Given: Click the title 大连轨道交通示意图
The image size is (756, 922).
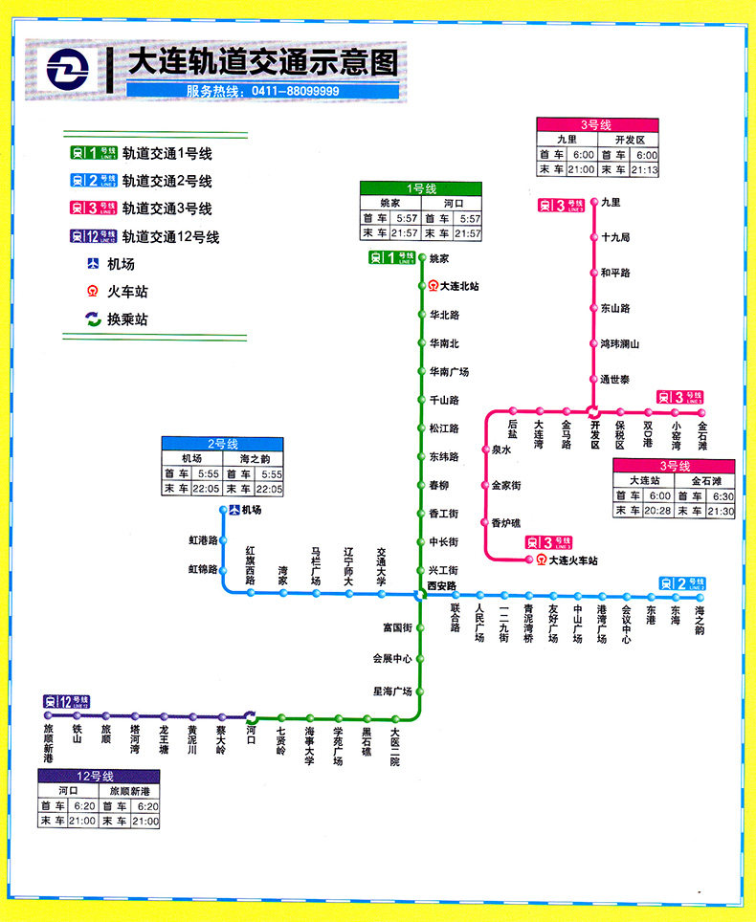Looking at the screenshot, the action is coord(262,64).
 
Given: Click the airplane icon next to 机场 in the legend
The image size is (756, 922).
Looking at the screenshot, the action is coord(93,264).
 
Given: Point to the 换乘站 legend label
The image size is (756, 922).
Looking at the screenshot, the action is coord(127,319).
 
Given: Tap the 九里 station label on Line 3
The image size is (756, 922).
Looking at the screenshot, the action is coord(611,203).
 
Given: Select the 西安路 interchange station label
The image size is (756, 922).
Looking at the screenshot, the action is coord(442,585).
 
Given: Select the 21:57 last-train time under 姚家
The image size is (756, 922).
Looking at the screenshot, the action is coord(405,233).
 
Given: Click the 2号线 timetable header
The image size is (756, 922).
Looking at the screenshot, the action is coord(222,444).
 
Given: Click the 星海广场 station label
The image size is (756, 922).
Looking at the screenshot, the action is coord(392,691).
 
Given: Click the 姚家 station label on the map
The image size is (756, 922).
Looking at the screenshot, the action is coord(438,258).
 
